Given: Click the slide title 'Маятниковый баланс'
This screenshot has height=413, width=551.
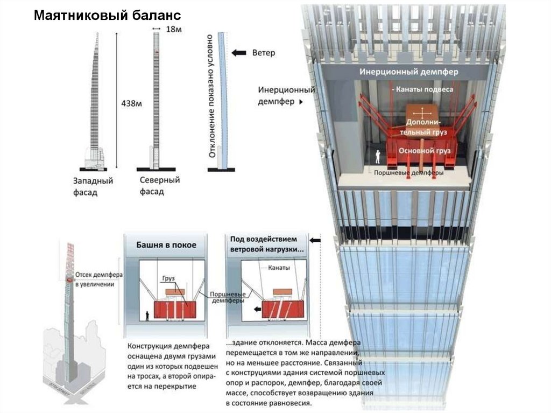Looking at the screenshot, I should coord(107,15).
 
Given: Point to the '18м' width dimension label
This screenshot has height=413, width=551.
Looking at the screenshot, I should coord(172,30).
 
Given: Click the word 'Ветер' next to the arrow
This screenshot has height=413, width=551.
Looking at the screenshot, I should coord(263,53).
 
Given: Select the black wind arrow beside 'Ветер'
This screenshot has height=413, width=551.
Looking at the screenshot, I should coord(239,53).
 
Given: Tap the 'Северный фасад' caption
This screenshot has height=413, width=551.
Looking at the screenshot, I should coord(159,185).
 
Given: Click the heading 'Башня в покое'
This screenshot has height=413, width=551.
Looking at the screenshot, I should coord(166,244).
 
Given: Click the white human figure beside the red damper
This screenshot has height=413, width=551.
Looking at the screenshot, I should coord(378,156).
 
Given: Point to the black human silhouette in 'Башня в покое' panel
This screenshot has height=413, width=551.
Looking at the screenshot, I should coord(147,315).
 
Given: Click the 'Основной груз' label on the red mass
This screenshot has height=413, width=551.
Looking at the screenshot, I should coord(423,152).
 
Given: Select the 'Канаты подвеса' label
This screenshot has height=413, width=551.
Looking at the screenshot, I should coord(422,89).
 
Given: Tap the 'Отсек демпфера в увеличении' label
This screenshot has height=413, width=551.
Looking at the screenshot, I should coord(98,279).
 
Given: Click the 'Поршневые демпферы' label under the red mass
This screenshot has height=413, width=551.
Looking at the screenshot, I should coord(409,173).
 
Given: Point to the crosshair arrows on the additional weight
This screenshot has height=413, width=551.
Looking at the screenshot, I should coord(422,113).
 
